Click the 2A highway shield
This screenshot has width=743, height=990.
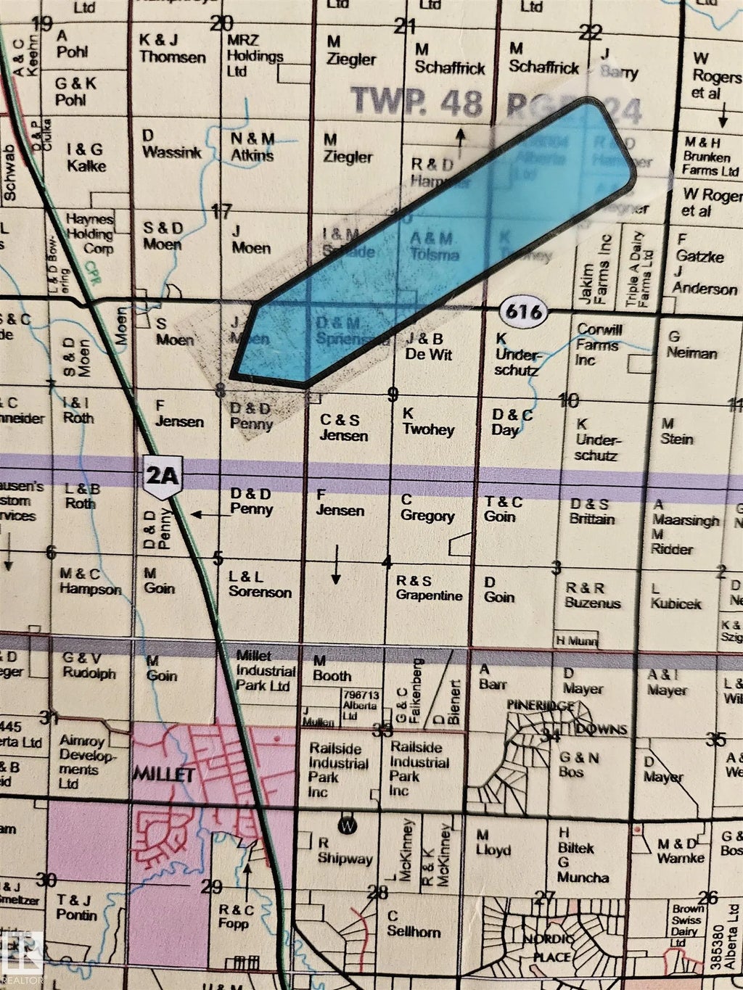click(x=162, y=478)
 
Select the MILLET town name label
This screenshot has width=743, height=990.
click(x=163, y=775)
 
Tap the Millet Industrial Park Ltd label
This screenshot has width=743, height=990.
click(x=266, y=670)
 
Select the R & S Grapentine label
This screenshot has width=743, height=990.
click(x=429, y=588)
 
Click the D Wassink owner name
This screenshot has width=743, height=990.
click(x=166, y=144)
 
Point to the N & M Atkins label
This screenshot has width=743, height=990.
click(x=253, y=147)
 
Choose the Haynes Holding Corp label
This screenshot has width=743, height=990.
click(x=90, y=233)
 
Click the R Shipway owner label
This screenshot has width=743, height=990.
click(x=345, y=851)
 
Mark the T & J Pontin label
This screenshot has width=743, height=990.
click(x=76, y=907)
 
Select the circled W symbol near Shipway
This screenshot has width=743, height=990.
click(x=348, y=825)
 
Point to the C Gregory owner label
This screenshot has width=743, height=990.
click(x=427, y=508)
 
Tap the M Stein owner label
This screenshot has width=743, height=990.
click(x=676, y=432)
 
